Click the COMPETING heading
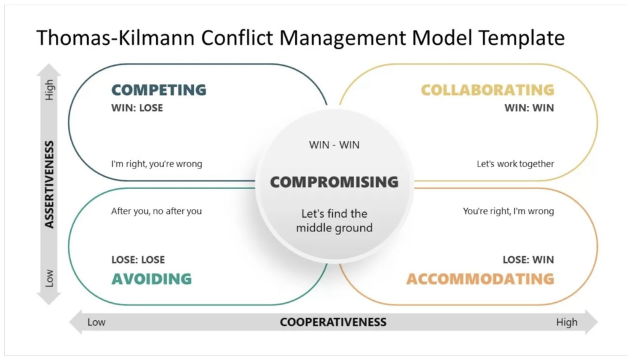pyautogui.click(x=159, y=90)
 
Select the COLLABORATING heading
pyautogui.click(x=488, y=90)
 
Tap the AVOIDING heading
pyautogui.click(x=152, y=279)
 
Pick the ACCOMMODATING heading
pyautogui.click(x=481, y=279)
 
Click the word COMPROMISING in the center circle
pyautogui.click(x=334, y=182)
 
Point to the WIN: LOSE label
pyautogui.click(x=137, y=108)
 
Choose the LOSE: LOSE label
pyautogui.click(x=138, y=260)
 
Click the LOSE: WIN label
pyautogui.click(x=528, y=260)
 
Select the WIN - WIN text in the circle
pyautogui.click(x=334, y=145)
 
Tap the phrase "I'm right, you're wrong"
pyautogui.click(x=157, y=164)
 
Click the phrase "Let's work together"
pyautogui.click(x=516, y=164)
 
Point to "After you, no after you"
pyautogui.click(x=156, y=211)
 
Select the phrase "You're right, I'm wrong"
pyautogui.click(x=509, y=211)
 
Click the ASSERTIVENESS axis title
pyautogui.click(x=49, y=184)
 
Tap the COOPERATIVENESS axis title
pyautogui.click(x=333, y=322)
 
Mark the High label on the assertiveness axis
pyautogui.click(x=49, y=90)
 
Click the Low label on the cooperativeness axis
pyautogui.click(x=96, y=322)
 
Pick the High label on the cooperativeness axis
pyautogui.click(x=567, y=322)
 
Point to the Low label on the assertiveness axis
pyautogui.click(x=49, y=279)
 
